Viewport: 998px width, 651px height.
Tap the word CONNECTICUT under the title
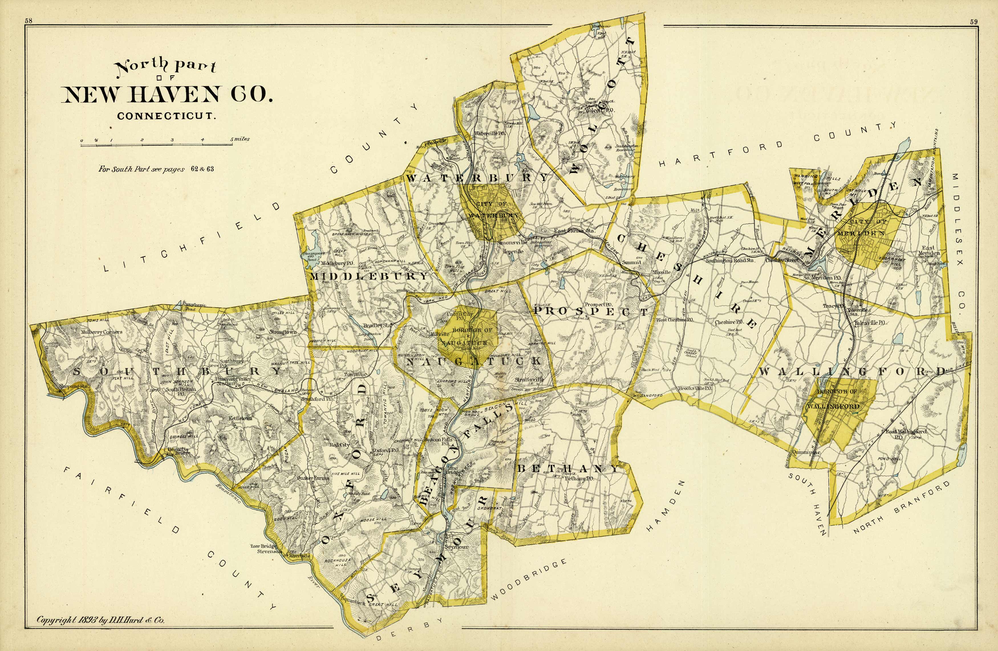(x=167, y=116)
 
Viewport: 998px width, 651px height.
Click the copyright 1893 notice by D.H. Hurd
(x=101, y=620)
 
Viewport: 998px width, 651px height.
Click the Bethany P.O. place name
(x=579, y=478)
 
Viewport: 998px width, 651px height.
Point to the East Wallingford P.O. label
(x=906, y=434)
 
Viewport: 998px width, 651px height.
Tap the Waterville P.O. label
(x=489, y=133)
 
